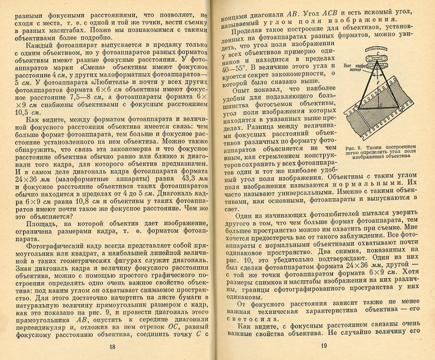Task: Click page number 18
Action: [x=112, y=346]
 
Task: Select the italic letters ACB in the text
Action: [x=333, y=12]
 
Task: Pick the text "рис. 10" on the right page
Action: [x=236, y=258]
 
